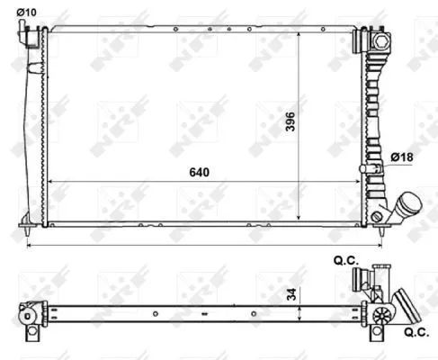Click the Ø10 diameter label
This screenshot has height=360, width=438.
pyautogui.click(x=26, y=12)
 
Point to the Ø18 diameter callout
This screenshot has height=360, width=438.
pyautogui.click(x=401, y=158)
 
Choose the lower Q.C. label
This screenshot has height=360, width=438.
pyautogui.click(x=410, y=330)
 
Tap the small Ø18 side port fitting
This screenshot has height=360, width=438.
pyautogui.click(x=369, y=168)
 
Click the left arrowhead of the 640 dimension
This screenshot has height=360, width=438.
pyautogui.click(x=50, y=181)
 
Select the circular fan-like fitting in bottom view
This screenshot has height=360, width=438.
pyautogui.click(x=383, y=314)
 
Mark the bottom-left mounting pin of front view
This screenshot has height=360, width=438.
pyautogui.click(x=26, y=221)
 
